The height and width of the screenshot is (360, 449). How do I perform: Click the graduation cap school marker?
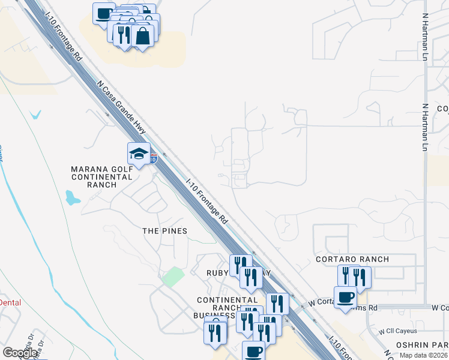pyautogui.click(x=139, y=154)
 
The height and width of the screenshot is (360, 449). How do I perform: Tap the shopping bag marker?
pyautogui.click(x=143, y=35)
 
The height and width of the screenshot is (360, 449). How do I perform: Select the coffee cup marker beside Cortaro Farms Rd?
pyautogui.click(x=345, y=298)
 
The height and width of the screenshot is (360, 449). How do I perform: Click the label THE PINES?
pyautogui.click(x=164, y=231)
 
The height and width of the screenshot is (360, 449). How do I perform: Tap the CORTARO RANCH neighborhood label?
pyautogui.click(x=352, y=259)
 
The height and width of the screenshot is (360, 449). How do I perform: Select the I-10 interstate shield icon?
pyautogui.click(x=154, y=158)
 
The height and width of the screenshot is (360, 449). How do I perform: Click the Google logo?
pyautogui.click(x=20, y=353)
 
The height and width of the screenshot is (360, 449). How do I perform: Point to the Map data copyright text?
pyautogui.click(x=424, y=355)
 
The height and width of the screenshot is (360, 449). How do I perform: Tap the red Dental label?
pyautogui.click(x=10, y=302)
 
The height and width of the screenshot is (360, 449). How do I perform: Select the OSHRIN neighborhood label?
pyautogui.click(x=414, y=345)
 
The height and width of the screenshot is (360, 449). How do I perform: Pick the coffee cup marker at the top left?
pyautogui.click(x=104, y=13)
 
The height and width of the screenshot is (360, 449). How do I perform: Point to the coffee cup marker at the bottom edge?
pyautogui.click(x=253, y=352)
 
